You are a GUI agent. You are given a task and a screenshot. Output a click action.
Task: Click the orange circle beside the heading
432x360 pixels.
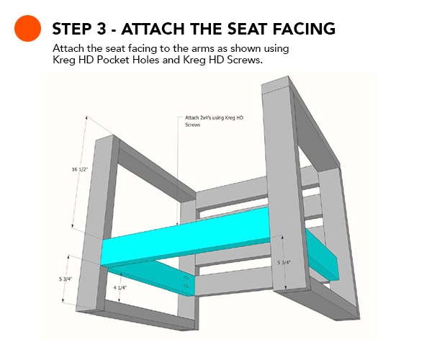[x=27, y=28]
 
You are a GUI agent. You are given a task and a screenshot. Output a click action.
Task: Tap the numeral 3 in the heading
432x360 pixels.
[x=101, y=29]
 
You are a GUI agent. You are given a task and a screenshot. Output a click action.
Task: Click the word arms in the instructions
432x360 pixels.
[x=202, y=48]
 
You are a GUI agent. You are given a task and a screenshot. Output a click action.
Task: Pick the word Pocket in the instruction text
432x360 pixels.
[x=113, y=60]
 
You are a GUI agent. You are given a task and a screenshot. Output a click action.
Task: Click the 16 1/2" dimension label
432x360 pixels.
[x=80, y=169]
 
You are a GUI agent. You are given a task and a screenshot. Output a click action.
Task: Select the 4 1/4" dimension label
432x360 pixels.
[x=120, y=288]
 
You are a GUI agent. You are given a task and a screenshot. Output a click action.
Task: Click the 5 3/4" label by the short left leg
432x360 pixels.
[x=66, y=279]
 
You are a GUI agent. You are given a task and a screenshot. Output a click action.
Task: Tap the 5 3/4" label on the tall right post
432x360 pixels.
[x=284, y=263]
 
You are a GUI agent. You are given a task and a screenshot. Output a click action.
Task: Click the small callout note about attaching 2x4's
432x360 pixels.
[x=214, y=121]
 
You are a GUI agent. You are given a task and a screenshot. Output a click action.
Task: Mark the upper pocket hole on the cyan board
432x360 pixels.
[x=186, y=277]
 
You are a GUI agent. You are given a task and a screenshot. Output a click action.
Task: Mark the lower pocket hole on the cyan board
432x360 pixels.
[x=186, y=286]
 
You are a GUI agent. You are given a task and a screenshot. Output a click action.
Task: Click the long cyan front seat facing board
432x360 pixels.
[x=185, y=236]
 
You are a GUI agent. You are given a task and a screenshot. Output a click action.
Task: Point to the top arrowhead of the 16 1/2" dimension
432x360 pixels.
[x=87, y=117]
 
